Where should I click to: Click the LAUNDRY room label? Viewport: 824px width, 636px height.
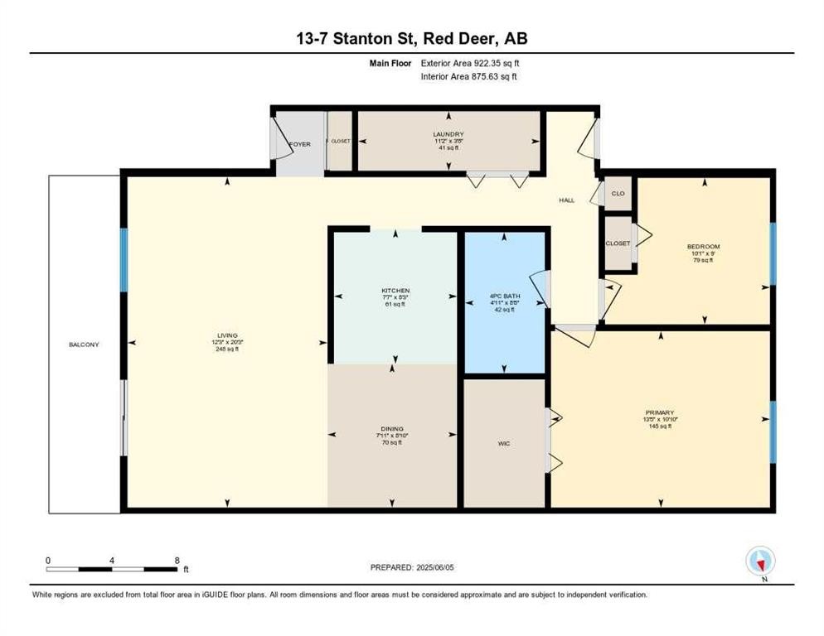pos(448,134)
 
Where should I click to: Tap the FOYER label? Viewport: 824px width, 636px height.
pos(299,144)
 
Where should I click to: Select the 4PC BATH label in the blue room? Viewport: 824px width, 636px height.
pos(504,296)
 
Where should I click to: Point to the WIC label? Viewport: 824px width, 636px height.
pos(504,444)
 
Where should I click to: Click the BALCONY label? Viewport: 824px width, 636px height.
pos(84,344)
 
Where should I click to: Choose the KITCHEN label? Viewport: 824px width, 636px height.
pos(395,291)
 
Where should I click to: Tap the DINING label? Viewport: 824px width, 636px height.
pos(395,429)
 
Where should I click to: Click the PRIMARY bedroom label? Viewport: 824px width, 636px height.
pos(661,412)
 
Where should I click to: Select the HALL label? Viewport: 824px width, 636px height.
pos(566,200)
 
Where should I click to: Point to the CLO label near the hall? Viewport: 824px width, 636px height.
pos(618,193)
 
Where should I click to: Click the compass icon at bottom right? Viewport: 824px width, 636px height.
pos(759,561)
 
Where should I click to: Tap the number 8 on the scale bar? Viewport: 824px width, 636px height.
pos(177,560)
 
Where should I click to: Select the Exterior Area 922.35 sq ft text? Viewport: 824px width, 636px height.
pos(470,62)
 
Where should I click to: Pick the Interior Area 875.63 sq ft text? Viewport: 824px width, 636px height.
pos(469,76)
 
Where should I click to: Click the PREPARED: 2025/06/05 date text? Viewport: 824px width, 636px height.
pos(414,567)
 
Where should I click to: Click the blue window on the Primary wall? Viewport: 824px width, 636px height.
pos(773,431)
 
